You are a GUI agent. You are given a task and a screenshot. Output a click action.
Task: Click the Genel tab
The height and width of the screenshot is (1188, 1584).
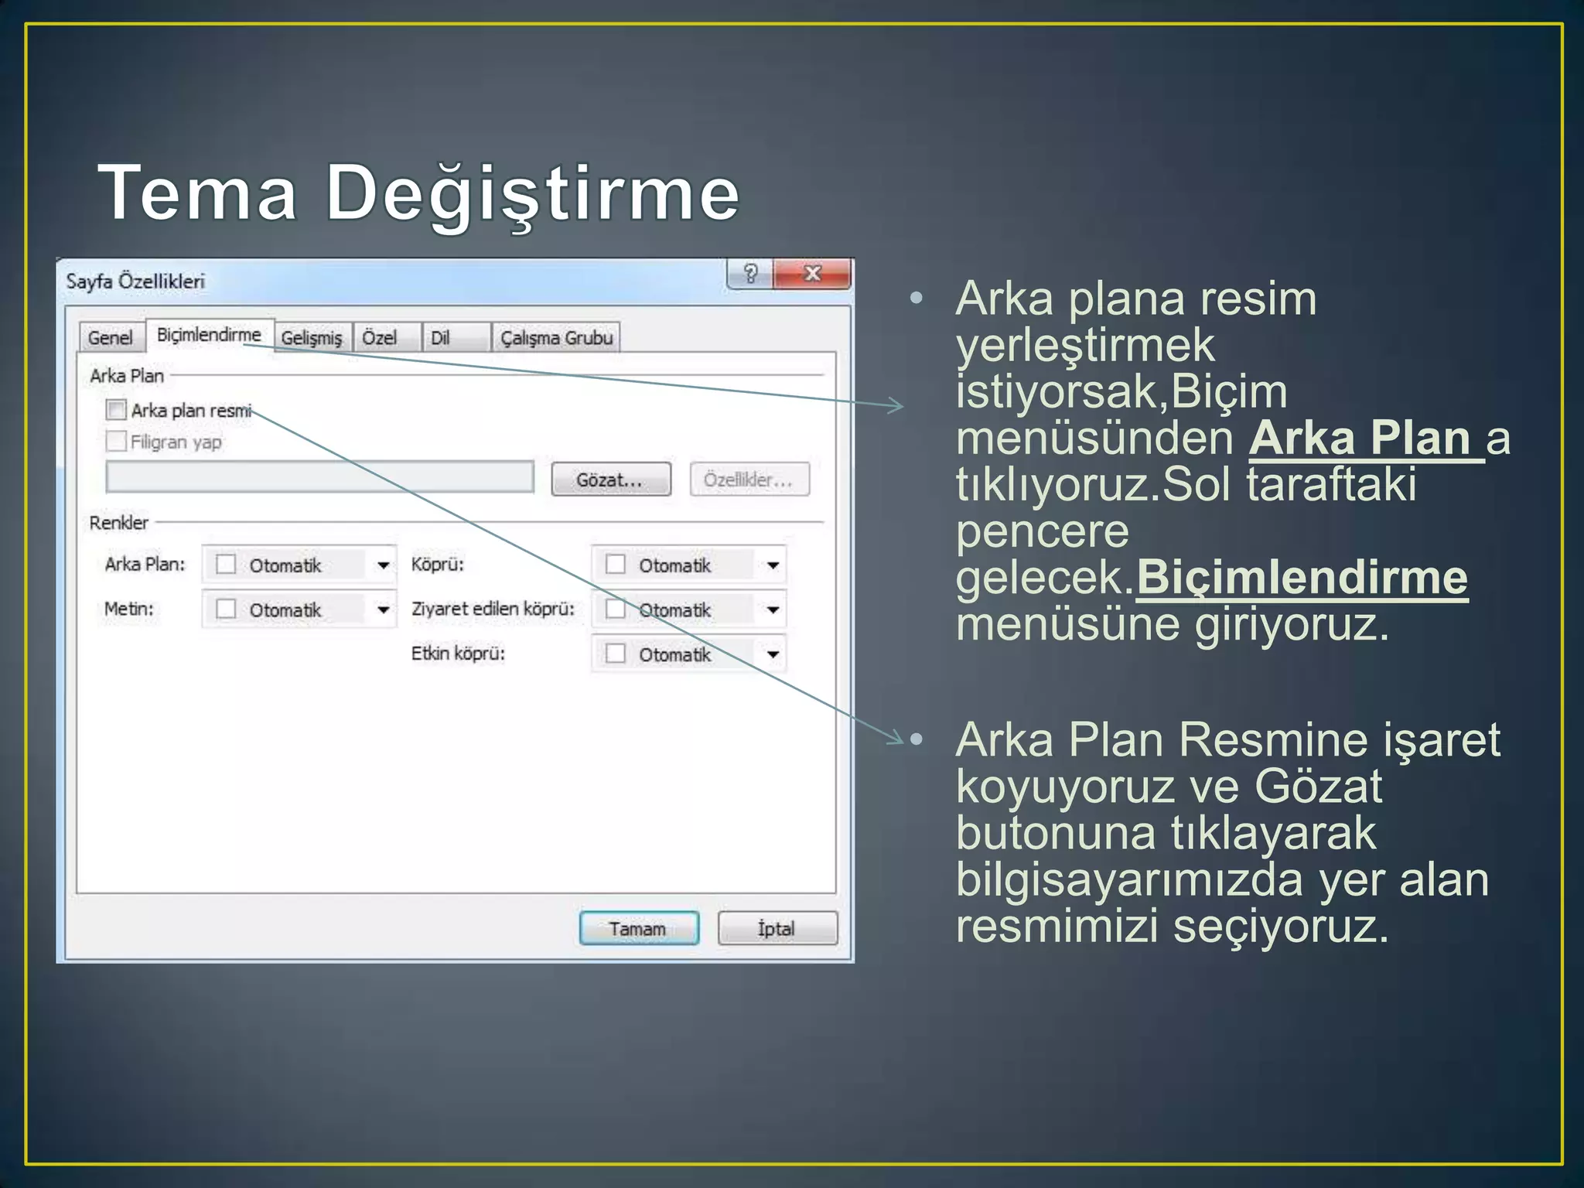tap(111, 338)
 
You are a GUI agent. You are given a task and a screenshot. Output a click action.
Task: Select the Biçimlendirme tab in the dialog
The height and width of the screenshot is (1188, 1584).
tap(209, 335)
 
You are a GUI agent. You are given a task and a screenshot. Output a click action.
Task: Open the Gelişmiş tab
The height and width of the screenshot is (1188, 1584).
tap(311, 338)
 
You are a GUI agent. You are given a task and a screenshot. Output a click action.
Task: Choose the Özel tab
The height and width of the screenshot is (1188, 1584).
tap(380, 338)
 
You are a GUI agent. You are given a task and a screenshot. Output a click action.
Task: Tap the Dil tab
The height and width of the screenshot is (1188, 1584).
tap(440, 338)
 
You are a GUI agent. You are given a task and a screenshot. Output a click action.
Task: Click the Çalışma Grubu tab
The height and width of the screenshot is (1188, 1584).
tap(556, 338)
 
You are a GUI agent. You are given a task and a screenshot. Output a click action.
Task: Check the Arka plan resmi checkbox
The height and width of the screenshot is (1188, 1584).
tap(116, 410)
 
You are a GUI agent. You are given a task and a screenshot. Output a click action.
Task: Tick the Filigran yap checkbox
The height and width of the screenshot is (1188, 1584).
tap(116, 442)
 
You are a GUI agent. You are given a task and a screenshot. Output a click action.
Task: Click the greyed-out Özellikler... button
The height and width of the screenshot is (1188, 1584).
tap(749, 480)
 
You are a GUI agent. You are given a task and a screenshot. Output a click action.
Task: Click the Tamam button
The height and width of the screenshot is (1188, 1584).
tap(638, 928)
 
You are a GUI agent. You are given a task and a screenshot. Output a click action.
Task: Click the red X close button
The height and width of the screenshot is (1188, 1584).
tap(812, 274)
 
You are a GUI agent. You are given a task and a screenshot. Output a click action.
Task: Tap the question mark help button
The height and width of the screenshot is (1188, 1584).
tap(749, 274)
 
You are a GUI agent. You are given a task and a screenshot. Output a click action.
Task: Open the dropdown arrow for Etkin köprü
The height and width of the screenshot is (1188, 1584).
tap(773, 655)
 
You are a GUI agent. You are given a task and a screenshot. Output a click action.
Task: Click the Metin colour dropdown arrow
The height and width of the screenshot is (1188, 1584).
tap(383, 610)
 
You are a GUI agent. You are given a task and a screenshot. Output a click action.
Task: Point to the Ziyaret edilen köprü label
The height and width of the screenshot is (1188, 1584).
tap(493, 609)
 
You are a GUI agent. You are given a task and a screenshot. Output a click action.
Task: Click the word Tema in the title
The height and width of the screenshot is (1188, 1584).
tap(198, 193)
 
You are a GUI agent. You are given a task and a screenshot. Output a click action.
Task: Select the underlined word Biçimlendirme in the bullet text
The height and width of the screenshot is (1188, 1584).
tap(1302, 578)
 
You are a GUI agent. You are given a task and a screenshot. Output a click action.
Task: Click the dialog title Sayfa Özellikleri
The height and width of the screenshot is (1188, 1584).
tap(135, 282)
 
